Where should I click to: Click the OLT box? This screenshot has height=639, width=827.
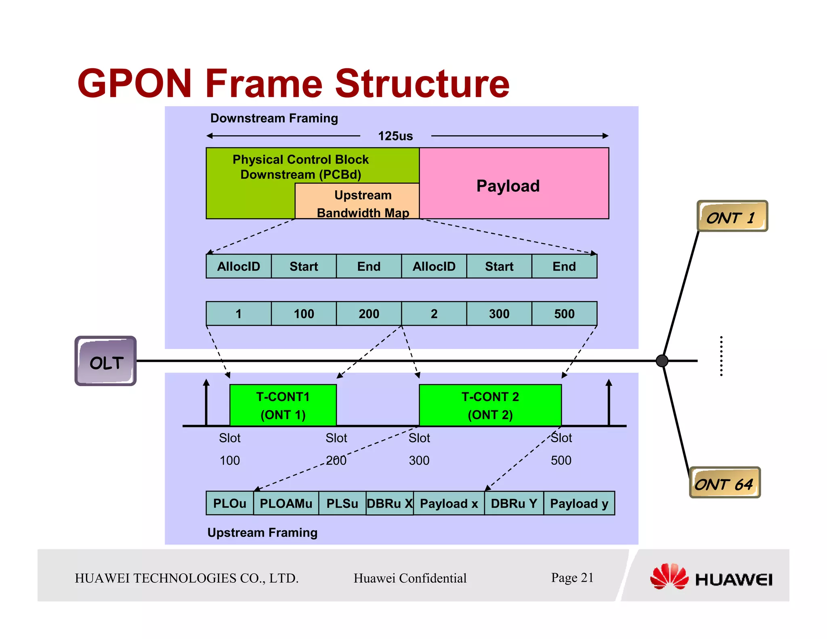click(x=106, y=361)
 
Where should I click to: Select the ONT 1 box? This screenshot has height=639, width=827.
click(x=732, y=216)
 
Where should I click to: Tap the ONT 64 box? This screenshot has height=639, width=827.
click(x=724, y=483)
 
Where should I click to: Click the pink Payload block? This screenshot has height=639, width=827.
click(x=514, y=183)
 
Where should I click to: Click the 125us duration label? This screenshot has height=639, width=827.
click(x=395, y=136)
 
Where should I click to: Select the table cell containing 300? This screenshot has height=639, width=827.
click(x=499, y=313)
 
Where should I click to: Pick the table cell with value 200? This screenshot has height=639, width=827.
click(x=369, y=313)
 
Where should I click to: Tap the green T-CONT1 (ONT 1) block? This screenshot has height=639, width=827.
click(x=283, y=405)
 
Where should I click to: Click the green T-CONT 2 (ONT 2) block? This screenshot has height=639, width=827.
click(x=490, y=405)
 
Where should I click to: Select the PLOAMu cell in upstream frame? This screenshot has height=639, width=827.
click(x=286, y=503)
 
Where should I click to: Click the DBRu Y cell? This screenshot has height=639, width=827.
click(x=514, y=503)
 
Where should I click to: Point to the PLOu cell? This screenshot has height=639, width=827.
click(x=229, y=503)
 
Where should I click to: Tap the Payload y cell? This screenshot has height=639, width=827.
click(x=579, y=503)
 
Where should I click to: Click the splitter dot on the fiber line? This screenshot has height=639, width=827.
click(x=662, y=361)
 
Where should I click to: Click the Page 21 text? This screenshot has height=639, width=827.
click(x=572, y=578)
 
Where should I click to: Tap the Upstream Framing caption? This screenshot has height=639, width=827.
click(x=262, y=532)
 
